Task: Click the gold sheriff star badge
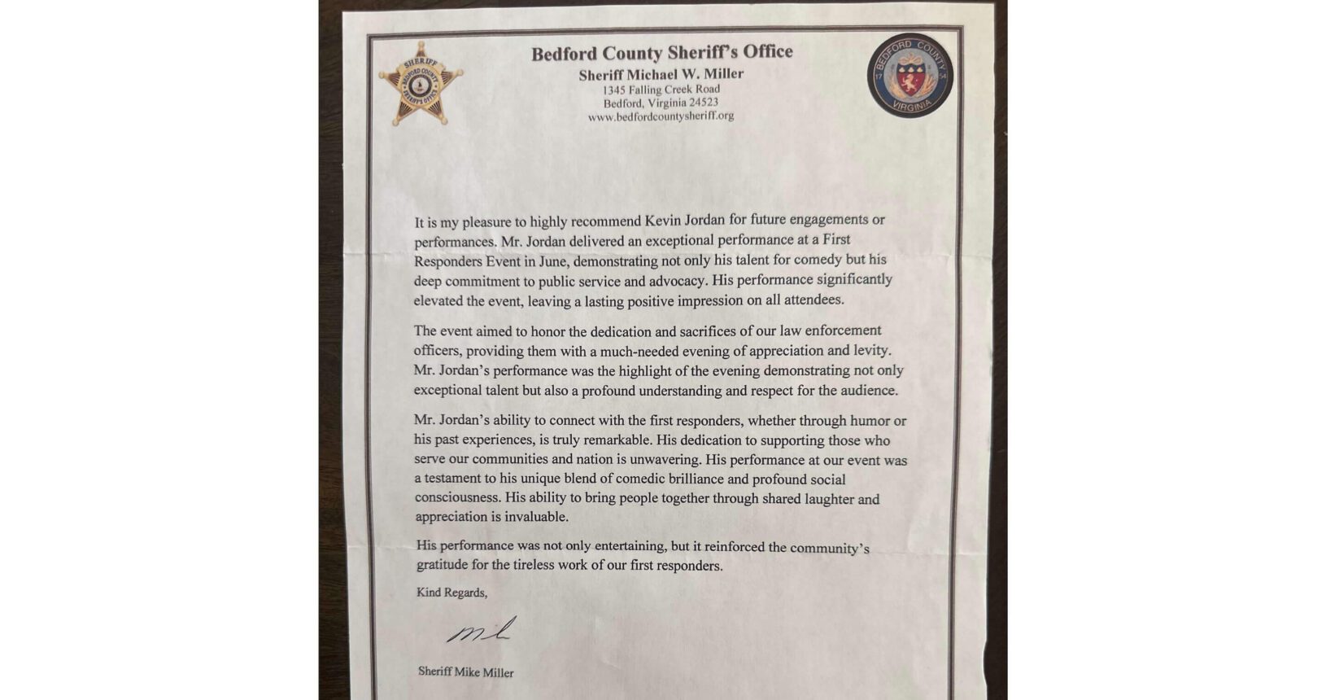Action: click(x=420, y=84)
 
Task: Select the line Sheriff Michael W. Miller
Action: click(x=661, y=75)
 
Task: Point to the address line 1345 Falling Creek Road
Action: click(x=661, y=90)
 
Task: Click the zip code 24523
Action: click(x=701, y=103)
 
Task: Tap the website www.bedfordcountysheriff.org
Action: click(x=661, y=116)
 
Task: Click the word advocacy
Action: click(x=677, y=280)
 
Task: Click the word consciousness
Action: click(x=456, y=497)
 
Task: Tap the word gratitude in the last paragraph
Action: click(x=444, y=565)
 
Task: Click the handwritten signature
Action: click(x=482, y=631)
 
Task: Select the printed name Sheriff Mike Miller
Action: click(x=465, y=672)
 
